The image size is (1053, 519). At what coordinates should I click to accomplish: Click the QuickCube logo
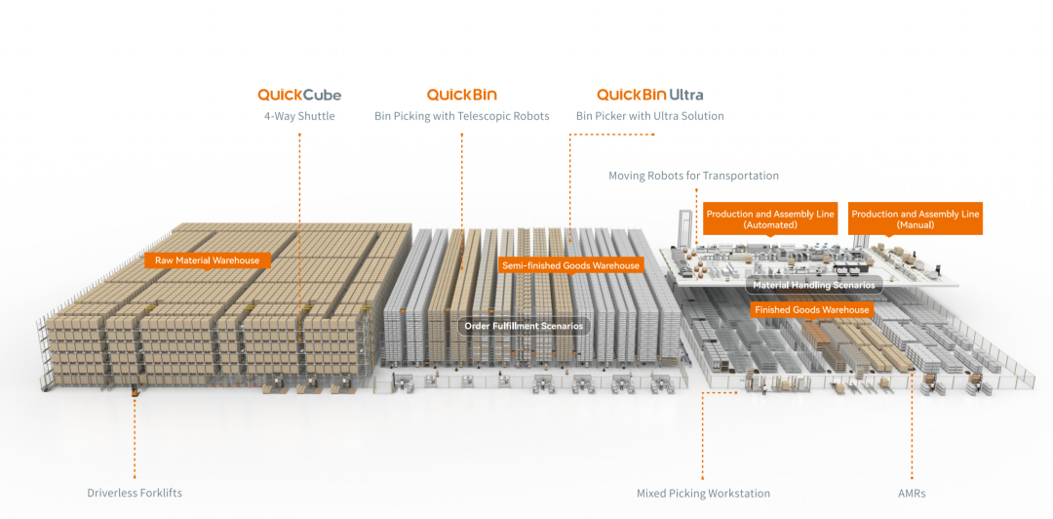pyautogui.click(x=299, y=95)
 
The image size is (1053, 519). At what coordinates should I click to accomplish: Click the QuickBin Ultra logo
pyautogui.click(x=649, y=95)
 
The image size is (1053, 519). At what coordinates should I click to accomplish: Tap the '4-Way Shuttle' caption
pyautogui.click(x=299, y=116)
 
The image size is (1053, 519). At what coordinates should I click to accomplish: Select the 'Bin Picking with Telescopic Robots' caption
pyautogui.click(x=461, y=116)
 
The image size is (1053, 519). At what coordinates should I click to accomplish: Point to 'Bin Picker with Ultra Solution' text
pyautogui.click(x=649, y=116)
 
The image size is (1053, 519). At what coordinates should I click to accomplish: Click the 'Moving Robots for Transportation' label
pyautogui.click(x=693, y=176)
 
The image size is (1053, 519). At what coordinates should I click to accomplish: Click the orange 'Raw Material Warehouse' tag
pyautogui.click(x=208, y=260)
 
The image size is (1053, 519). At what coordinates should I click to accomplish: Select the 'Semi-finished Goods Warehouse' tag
pyautogui.click(x=570, y=265)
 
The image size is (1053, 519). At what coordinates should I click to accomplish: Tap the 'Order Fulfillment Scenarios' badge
pyautogui.click(x=524, y=326)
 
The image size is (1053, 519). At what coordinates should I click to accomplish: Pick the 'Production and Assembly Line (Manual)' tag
pyautogui.click(x=916, y=220)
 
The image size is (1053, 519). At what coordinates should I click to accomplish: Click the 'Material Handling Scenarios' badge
pyautogui.click(x=814, y=285)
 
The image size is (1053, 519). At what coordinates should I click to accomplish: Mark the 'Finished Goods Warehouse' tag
pyautogui.click(x=811, y=309)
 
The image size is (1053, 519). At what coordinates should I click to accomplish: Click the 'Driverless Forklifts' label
pyautogui.click(x=135, y=493)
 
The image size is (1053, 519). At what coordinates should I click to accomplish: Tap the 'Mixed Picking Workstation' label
pyautogui.click(x=703, y=493)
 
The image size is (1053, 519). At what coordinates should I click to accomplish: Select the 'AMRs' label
pyautogui.click(x=913, y=493)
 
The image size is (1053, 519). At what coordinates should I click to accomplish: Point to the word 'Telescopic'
pyautogui.click(x=481, y=116)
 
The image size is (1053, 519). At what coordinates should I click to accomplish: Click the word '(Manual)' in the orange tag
pyautogui.click(x=916, y=225)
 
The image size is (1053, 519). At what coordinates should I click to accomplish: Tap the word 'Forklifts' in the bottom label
pyautogui.click(x=160, y=493)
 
